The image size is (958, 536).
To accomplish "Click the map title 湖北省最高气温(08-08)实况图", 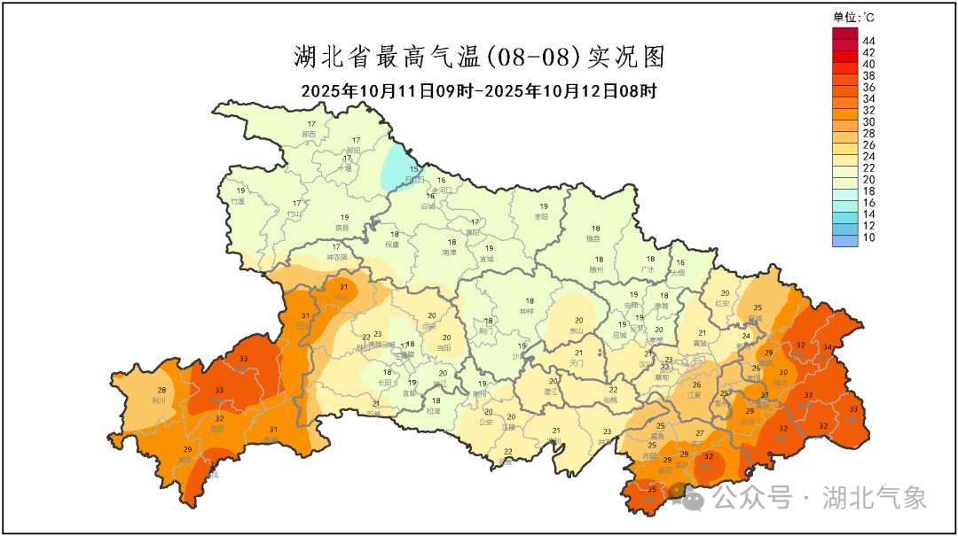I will click(479, 58).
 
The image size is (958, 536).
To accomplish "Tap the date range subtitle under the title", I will click(479, 91).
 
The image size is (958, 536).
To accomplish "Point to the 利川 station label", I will click(161, 400).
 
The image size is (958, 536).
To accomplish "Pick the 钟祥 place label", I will click(528, 311).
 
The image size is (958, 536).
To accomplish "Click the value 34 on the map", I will click(828, 346).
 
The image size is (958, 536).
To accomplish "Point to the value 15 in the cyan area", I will click(413, 168).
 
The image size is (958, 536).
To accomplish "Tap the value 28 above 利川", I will click(161, 390).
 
